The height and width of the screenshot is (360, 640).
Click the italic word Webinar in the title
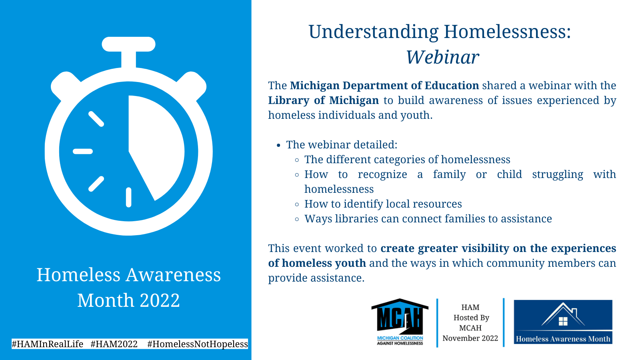[442, 57]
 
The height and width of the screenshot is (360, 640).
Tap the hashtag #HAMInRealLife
[48, 344]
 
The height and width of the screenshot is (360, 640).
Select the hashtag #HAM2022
[114, 344]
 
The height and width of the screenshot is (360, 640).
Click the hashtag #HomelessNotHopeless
[198, 344]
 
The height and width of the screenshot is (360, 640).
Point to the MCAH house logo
[400, 322]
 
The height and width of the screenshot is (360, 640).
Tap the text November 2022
[470, 338]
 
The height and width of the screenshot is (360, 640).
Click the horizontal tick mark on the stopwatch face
[83, 152]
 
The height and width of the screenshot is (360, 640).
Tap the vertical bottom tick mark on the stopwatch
[128, 197]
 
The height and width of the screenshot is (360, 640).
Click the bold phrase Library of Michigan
[324, 100]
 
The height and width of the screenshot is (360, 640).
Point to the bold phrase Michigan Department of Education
[384, 86]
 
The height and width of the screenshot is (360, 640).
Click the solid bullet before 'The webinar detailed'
[279, 146]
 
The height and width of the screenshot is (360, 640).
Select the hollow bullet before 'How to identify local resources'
[297, 204]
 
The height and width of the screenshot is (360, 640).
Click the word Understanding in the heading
[374, 32]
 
